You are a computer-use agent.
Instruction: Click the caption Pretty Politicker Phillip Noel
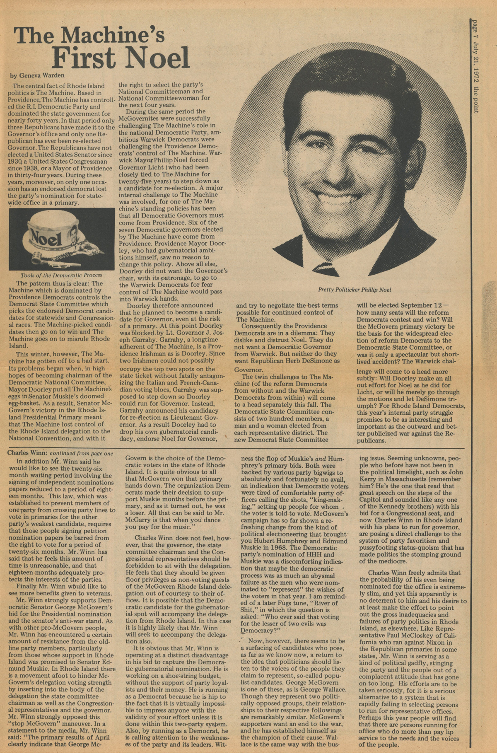[x=355, y=290]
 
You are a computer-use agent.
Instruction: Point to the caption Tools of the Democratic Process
[x=61, y=275]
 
